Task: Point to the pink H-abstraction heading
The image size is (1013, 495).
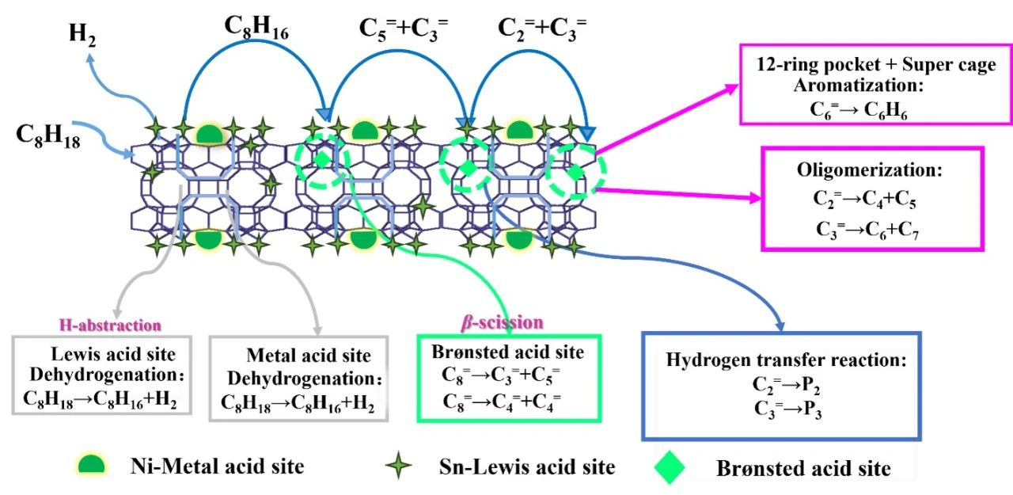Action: [112, 325]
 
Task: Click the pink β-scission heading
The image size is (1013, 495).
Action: [503, 322]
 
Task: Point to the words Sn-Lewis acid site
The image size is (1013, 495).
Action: [526, 466]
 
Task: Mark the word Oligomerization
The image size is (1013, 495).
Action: [869, 170]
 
